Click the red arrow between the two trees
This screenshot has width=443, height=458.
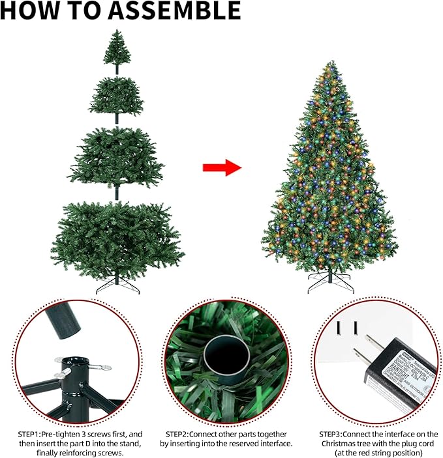click(222, 168)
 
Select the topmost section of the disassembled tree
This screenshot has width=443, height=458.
click(117, 46)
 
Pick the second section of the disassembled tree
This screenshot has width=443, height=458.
click(117, 96)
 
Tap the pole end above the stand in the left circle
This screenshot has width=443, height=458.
click(62, 320)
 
